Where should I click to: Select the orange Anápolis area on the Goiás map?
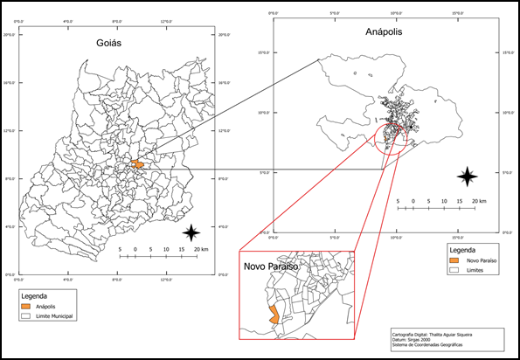click(x=137, y=163)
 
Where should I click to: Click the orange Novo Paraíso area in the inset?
click(x=274, y=315)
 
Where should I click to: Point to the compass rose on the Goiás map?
click(x=192, y=232)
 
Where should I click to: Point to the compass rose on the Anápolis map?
click(x=468, y=176)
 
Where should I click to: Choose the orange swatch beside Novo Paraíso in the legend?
click(x=453, y=260)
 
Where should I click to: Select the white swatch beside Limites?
click(x=453, y=271)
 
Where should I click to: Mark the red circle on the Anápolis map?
click(x=390, y=139)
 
